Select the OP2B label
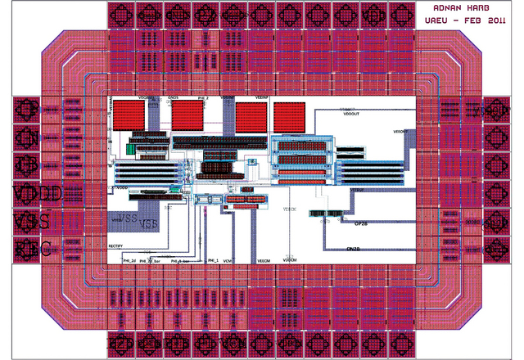click(362, 223)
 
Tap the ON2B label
click(355, 248)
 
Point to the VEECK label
click(290, 208)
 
